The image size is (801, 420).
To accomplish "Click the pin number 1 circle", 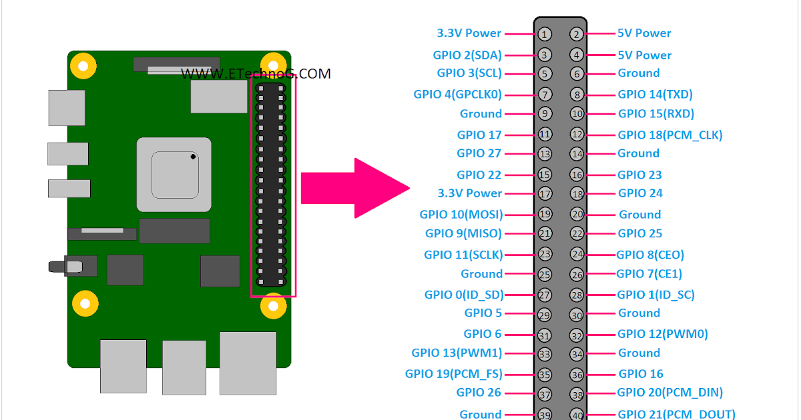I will [545, 34].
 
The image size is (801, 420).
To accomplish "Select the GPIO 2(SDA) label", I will [467, 55].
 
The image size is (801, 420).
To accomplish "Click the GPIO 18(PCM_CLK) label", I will [670, 135].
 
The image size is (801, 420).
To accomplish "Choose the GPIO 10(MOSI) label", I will [461, 215].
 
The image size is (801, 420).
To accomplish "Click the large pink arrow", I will [354, 188].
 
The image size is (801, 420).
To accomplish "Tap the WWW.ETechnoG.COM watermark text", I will [256, 74].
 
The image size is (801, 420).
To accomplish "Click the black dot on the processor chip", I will [193, 157].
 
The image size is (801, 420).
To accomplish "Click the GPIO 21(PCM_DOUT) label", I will [676, 414].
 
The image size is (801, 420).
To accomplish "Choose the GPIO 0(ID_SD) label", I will [463, 295].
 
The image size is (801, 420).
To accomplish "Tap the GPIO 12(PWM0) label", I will [662, 334].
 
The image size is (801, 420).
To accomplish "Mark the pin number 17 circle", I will [545, 194].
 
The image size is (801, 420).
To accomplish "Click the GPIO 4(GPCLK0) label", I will [457, 95].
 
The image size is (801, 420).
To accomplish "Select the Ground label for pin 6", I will [638, 73].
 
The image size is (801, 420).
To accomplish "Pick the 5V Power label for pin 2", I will [644, 33].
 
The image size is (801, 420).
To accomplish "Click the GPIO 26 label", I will [479, 393].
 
